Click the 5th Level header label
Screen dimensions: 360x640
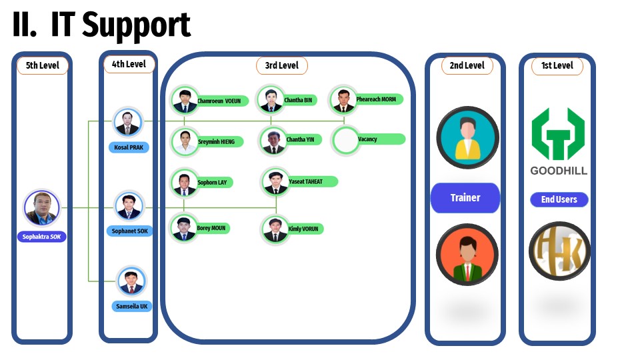tap(42, 65)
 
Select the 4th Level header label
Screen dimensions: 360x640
tap(129, 64)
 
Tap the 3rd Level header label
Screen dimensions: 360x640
tap(281, 65)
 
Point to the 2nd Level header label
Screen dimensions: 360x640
tap(467, 65)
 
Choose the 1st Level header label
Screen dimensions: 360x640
tap(557, 65)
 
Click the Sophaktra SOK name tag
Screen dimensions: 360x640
tap(42, 237)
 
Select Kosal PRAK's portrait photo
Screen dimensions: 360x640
tap(127, 122)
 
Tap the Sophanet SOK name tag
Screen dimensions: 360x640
tap(129, 231)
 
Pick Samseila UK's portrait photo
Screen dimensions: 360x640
tap(131, 281)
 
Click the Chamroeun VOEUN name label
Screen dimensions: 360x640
tap(221, 101)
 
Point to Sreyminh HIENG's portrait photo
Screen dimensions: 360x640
tap(185, 141)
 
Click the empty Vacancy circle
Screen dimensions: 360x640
tap(345, 140)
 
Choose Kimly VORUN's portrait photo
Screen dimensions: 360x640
tap(274, 229)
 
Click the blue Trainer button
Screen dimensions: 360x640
tap(465, 198)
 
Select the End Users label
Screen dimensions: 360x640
tap(559, 199)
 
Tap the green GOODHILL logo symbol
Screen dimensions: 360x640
tap(558, 133)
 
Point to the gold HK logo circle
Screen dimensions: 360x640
tap(559, 251)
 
